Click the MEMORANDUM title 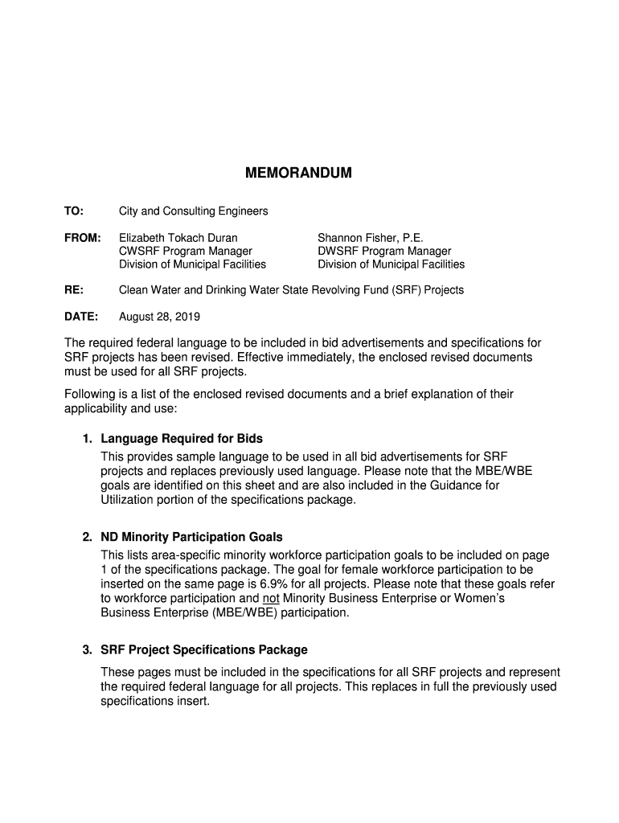click(298, 174)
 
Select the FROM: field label click(83, 239)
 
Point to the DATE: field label click(81, 317)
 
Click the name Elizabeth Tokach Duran click(178, 239)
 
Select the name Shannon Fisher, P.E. click(370, 239)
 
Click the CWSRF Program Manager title click(174, 252)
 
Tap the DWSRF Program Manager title click(384, 252)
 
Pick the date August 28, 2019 click(159, 317)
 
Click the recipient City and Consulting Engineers click(194, 211)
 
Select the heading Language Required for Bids click(182, 439)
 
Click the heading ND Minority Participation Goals click(191, 537)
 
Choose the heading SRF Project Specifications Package click(204, 649)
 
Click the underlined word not click(271, 598)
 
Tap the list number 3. click(88, 649)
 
